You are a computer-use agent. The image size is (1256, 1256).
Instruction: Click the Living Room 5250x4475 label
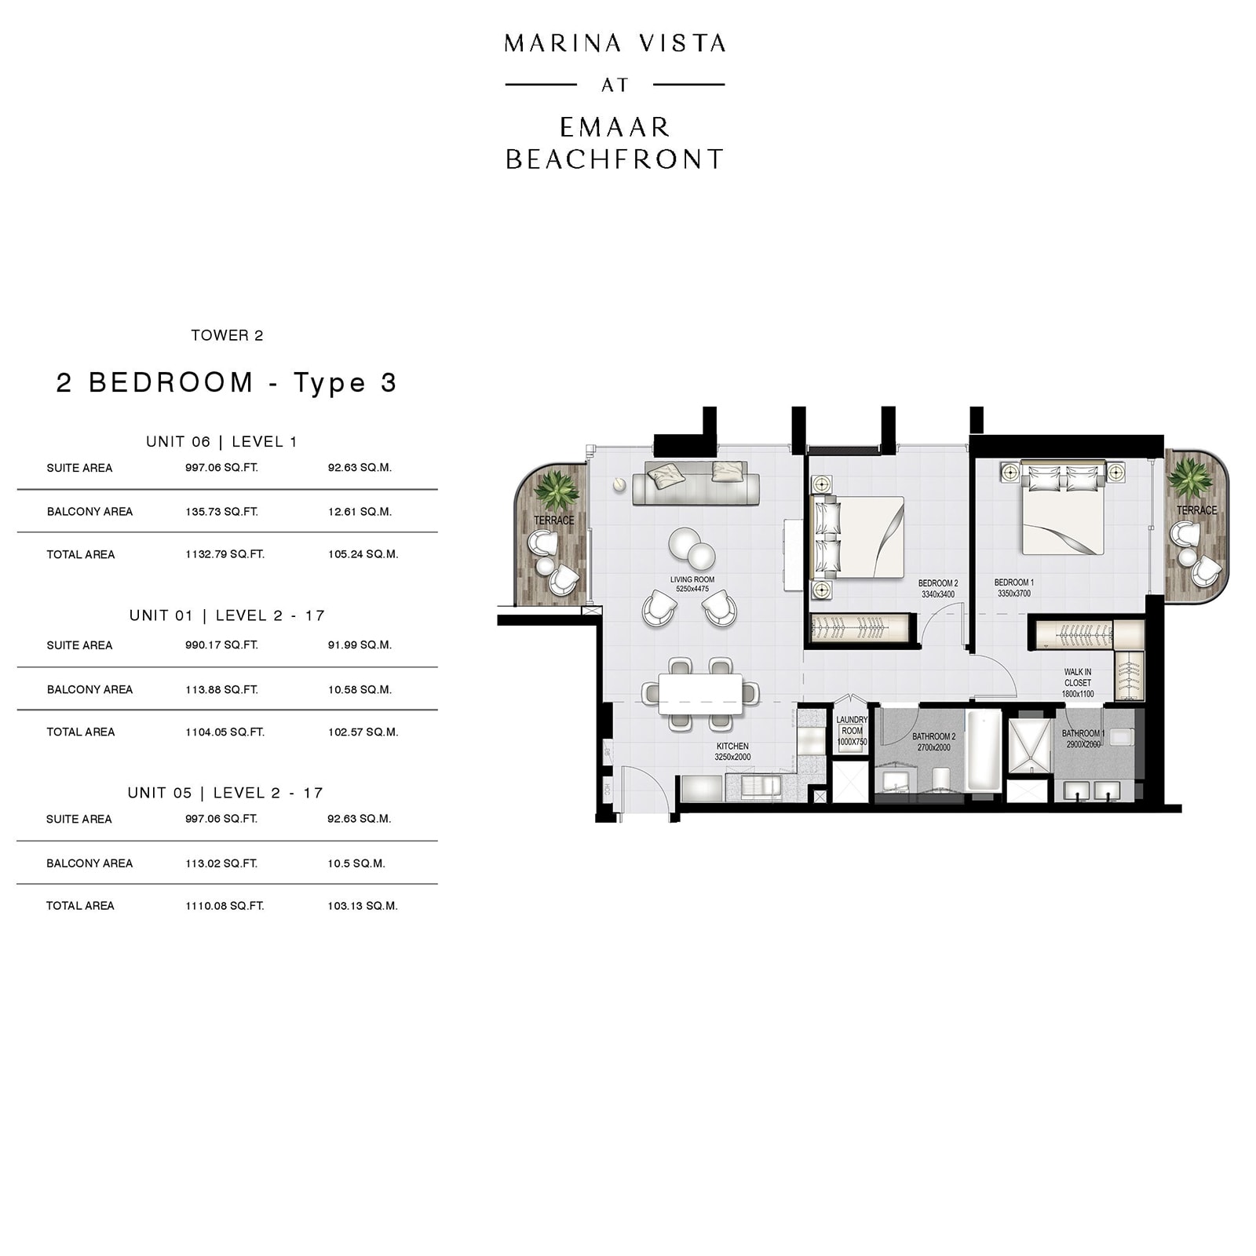click(692, 584)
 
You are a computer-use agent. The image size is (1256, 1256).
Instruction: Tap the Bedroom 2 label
click(938, 589)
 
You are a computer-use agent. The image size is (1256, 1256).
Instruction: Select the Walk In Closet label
click(1078, 682)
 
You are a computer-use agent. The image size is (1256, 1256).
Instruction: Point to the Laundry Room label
click(852, 730)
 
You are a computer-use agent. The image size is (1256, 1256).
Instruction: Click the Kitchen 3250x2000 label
click(732, 751)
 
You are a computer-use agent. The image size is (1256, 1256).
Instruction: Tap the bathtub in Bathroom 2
click(984, 751)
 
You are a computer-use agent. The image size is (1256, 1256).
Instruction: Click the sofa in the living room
click(696, 483)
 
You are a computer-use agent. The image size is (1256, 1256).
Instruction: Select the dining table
click(700, 694)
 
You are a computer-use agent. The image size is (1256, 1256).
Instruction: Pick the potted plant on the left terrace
click(556, 491)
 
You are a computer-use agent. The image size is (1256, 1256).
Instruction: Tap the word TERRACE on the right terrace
click(1196, 510)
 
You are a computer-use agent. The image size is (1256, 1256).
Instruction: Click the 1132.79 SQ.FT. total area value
click(225, 554)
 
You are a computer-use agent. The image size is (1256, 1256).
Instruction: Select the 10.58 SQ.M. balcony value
click(360, 689)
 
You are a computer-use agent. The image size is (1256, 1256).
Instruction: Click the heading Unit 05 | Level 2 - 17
click(225, 793)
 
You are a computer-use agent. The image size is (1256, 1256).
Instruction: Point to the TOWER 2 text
click(227, 335)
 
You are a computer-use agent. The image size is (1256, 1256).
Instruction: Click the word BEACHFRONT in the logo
click(614, 159)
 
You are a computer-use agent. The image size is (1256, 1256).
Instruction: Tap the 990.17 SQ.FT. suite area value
click(221, 644)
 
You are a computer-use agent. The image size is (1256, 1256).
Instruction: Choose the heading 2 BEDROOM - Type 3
click(227, 382)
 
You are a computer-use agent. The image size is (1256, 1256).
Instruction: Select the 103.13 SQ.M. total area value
click(363, 905)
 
